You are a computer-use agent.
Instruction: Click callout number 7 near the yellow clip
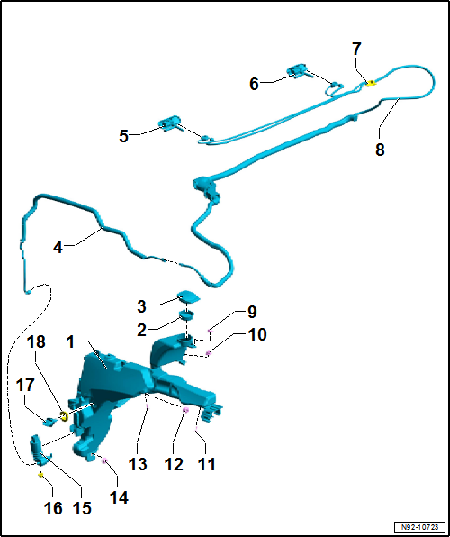point(356,50)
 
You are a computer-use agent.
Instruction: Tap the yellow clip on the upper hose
point(370,83)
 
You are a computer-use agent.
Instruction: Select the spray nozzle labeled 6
point(297,70)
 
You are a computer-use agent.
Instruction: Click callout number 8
point(380,150)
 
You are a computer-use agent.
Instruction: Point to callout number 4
point(58,247)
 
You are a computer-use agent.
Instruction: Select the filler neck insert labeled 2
point(186,314)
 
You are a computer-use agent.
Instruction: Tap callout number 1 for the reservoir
point(70,341)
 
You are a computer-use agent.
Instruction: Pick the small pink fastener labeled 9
point(210,331)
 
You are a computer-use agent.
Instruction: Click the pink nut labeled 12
point(186,410)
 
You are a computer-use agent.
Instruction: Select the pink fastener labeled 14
point(104,461)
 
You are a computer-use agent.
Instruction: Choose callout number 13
point(138,464)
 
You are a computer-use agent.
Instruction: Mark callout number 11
point(206,464)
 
